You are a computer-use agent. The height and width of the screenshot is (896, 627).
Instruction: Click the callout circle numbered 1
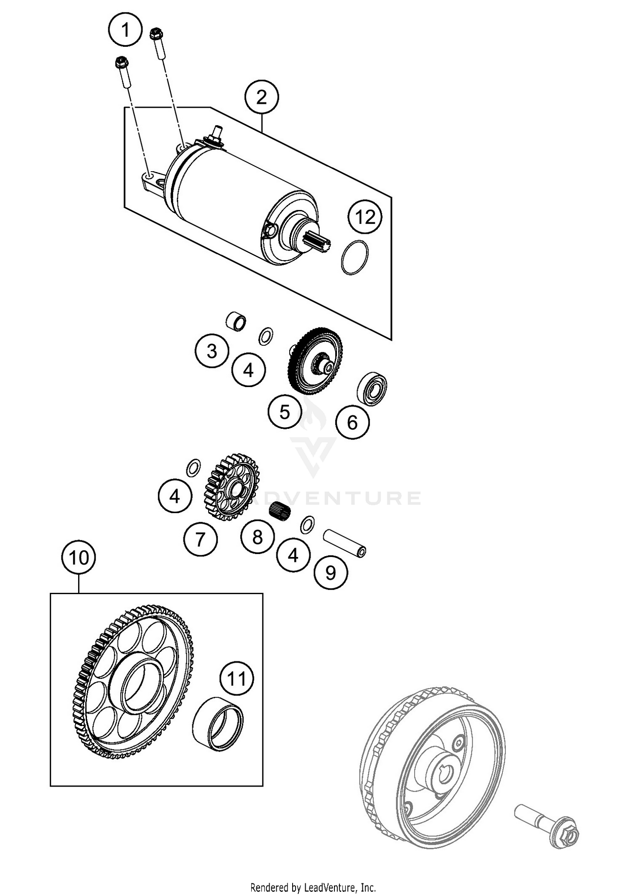point(125,30)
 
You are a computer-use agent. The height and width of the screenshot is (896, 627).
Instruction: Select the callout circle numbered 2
point(262,98)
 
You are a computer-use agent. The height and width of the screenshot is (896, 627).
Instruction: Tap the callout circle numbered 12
point(366,217)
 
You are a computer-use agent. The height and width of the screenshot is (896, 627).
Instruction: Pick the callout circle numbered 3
point(212,351)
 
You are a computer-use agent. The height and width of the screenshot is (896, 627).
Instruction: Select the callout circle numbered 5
point(285,412)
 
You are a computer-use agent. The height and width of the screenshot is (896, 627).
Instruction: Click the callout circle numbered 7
point(201,539)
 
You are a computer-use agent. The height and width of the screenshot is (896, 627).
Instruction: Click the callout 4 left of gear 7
point(175,496)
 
